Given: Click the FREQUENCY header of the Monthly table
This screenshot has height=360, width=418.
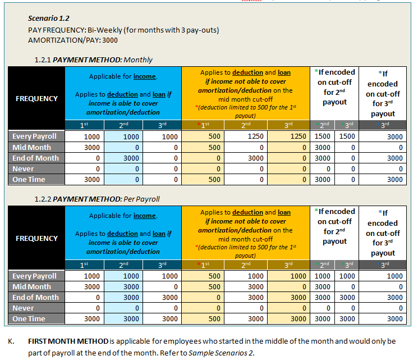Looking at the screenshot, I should (36, 98).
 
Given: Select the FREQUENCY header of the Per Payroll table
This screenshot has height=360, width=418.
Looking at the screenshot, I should (36, 238).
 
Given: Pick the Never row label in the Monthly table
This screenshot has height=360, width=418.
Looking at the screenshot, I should (23, 168).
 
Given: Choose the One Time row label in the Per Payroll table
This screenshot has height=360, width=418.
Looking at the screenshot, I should (29, 319).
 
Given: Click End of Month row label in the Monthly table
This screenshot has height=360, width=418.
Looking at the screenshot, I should (35, 158).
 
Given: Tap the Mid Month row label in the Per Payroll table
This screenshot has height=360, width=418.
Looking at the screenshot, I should (31, 286).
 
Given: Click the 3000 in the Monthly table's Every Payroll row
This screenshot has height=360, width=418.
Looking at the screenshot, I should (395, 136).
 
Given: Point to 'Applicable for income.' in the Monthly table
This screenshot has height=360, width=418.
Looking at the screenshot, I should (123, 76).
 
